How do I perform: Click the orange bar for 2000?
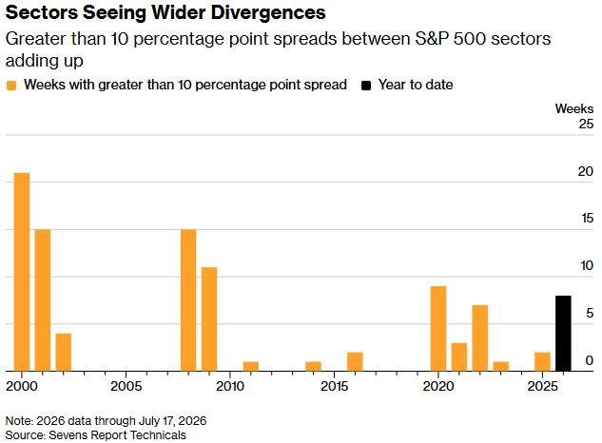tap(22, 272)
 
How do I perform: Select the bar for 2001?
tap(43, 300)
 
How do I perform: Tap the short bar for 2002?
tap(64, 353)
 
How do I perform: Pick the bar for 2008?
tap(188, 300)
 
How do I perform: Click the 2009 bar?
tap(209, 319)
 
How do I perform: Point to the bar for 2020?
tap(438, 329)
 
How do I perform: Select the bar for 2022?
tap(480, 338)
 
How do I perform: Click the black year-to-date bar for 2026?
tap(563, 334)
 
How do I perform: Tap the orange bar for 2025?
tap(542, 361)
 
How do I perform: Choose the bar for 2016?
tap(355, 361)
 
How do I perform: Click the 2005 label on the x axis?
tap(126, 386)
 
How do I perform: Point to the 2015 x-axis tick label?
tap(335, 386)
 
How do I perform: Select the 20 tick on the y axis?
tap(586, 171)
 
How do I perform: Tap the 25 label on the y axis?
tap(586, 124)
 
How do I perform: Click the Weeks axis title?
tap(574, 108)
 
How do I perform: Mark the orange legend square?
tap(11, 86)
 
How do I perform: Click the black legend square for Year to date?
tap(366, 86)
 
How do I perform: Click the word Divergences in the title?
tap(268, 12)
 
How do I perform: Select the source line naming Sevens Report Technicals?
tap(96, 435)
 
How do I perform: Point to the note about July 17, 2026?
tap(106, 421)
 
